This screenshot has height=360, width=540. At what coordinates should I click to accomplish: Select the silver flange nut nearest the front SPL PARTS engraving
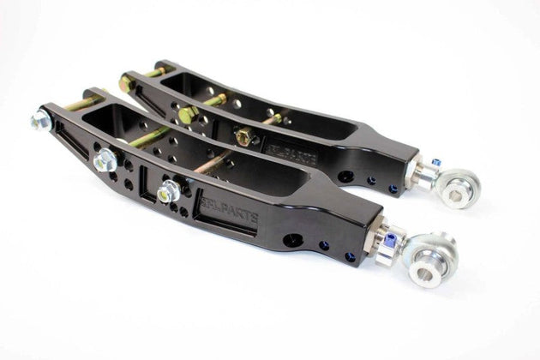tap(170, 190)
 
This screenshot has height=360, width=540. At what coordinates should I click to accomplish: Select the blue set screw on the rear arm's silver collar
tap(436, 162)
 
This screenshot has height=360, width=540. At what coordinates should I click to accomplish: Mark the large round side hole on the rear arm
tap(345, 177)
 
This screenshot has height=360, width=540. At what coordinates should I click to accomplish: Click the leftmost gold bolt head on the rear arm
tap(127, 83)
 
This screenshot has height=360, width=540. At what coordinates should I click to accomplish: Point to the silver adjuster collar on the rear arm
tap(423, 172)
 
